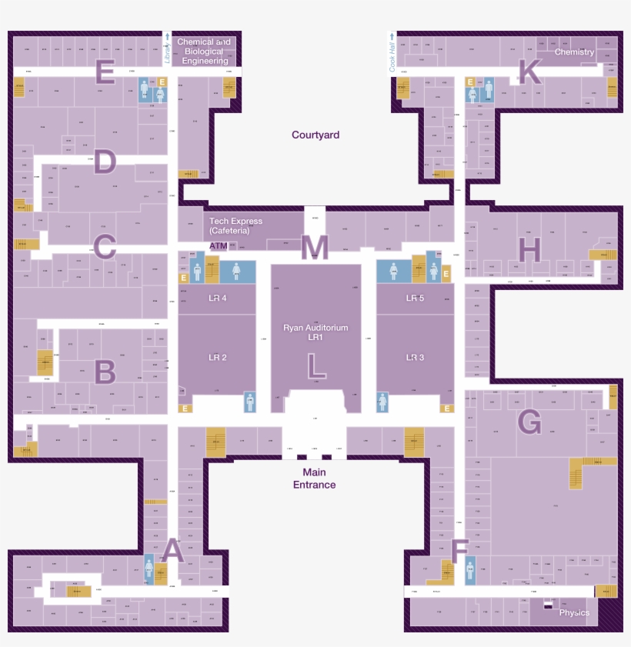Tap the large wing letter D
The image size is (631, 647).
(x=105, y=163)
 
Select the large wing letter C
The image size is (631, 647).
(x=105, y=248)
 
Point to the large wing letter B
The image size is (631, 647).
(x=105, y=372)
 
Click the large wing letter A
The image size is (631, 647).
(x=172, y=551)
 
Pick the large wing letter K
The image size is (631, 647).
(x=529, y=72)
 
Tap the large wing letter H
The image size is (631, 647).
(x=529, y=249)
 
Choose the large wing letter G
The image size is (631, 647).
(x=529, y=422)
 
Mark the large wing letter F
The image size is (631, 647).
(x=459, y=552)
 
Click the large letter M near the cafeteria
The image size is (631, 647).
(x=315, y=248)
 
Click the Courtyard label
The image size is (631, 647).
(x=315, y=135)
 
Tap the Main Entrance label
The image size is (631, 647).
(x=314, y=479)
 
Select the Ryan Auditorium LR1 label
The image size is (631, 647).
(x=315, y=332)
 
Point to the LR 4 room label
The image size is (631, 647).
(x=218, y=298)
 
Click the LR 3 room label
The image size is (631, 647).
(x=416, y=358)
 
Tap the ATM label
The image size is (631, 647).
(x=219, y=246)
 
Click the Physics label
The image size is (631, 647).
(x=574, y=613)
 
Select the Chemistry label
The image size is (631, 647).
(x=575, y=52)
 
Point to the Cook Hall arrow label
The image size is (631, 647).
(x=392, y=52)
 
